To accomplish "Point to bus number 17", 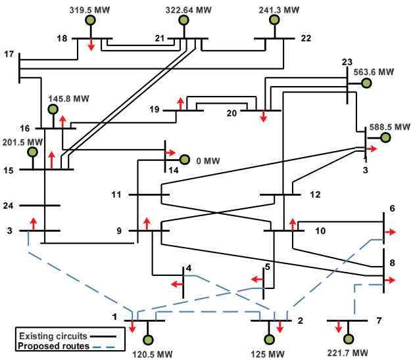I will [9, 53].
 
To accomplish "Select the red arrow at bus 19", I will [180, 103].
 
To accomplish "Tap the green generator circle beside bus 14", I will [185, 160].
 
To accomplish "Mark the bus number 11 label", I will [116, 194].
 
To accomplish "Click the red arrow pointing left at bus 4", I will [176, 284].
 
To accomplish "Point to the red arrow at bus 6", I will [390, 232].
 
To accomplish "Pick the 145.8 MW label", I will [68, 99].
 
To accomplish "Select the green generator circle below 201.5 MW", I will [32, 152].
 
